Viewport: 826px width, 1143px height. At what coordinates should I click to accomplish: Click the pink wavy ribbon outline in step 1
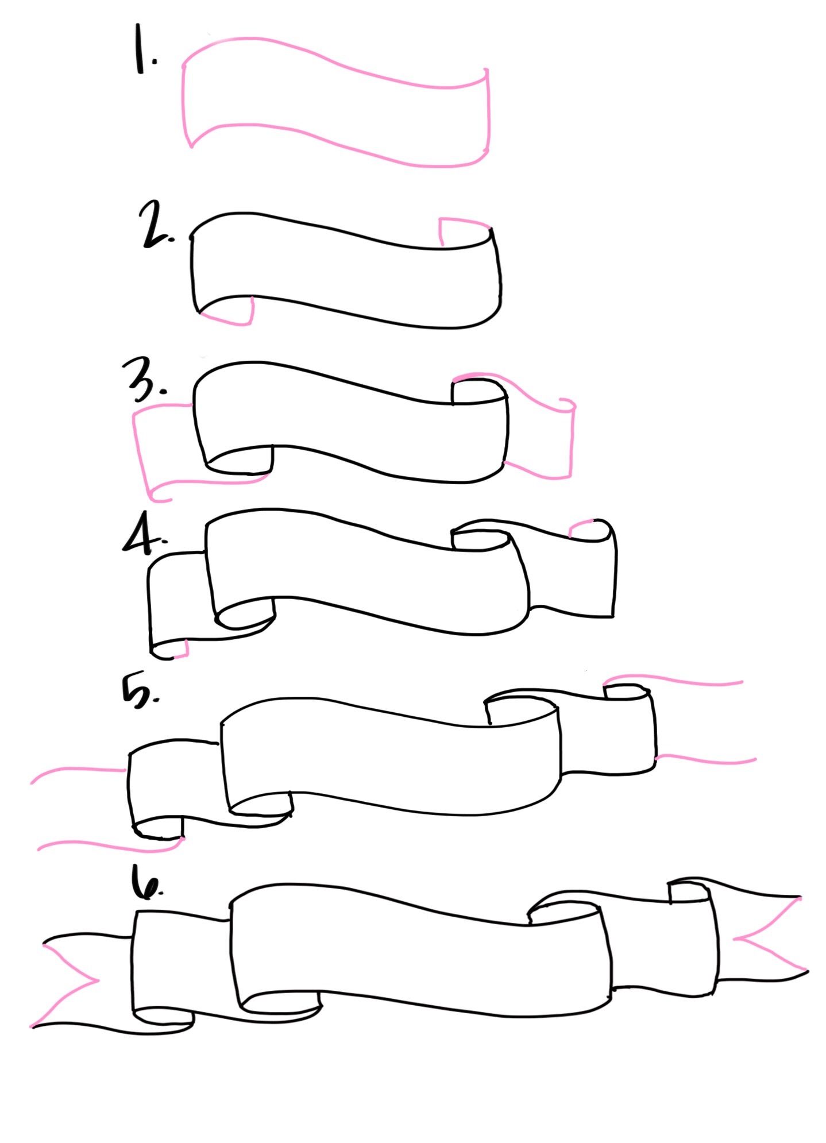336,69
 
